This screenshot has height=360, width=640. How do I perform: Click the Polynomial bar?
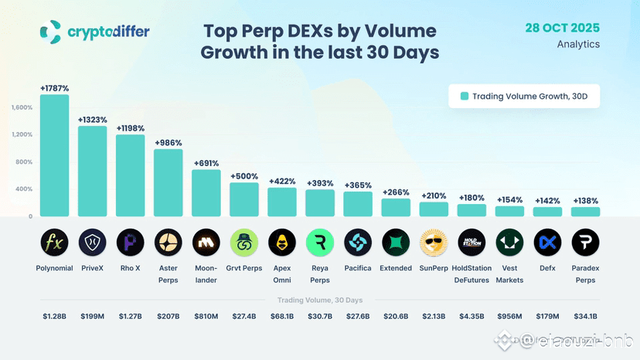pyautogui.click(x=54, y=155)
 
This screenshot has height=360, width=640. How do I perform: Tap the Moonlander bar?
pyautogui.click(x=206, y=192)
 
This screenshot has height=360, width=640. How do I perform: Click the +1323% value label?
pyautogui.click(x=92, y=120)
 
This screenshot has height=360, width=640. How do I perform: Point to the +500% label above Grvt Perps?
pyautogui.click(x=243, y=176)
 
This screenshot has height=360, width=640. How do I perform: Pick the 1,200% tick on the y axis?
pyautogui.click(x=22, y=134)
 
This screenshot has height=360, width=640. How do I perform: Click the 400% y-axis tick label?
pyautogui.click(x=24, y=189)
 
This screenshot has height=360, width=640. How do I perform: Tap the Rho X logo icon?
pyautogui.click(x=130, y=243)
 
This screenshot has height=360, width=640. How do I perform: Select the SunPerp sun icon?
pyautogui.click(x=434, y=243)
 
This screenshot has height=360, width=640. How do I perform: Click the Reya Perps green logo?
pyautogui.click(x=320, y=243)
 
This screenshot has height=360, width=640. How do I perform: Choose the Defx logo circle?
pyautogui.click(x=547, y=243)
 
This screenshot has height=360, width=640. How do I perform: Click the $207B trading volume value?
pyautogui.click(x=168, y=315)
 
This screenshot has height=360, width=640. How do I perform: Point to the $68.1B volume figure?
pyautogui.click(x=281, y=315)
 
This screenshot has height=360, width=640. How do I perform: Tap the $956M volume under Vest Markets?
pyautogui.click(x=509, y=315)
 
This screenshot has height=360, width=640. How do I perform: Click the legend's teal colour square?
pyautogui.click(x=465, y=97)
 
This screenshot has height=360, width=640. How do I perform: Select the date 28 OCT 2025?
pyautogui.click(x=562, y=28)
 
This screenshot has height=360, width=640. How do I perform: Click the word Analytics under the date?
pyautogui.click(x=578, y=44)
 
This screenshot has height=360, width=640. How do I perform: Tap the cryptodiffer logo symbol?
pyautogui.click(x=50, y=32)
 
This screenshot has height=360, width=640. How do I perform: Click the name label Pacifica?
pyautogui.click(x=358, y=268)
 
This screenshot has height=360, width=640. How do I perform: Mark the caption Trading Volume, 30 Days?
pyautogui.click(x=320, y=299)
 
